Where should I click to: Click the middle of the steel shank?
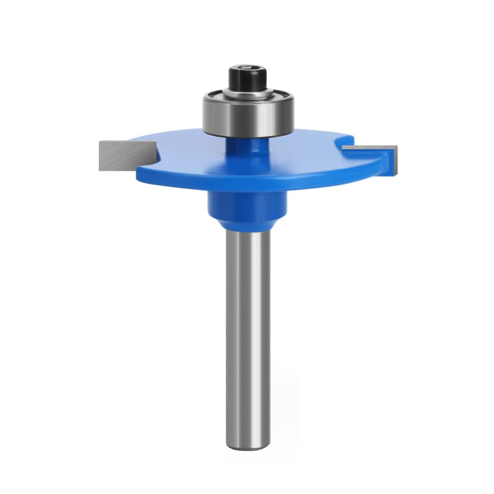tap(247, 321)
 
